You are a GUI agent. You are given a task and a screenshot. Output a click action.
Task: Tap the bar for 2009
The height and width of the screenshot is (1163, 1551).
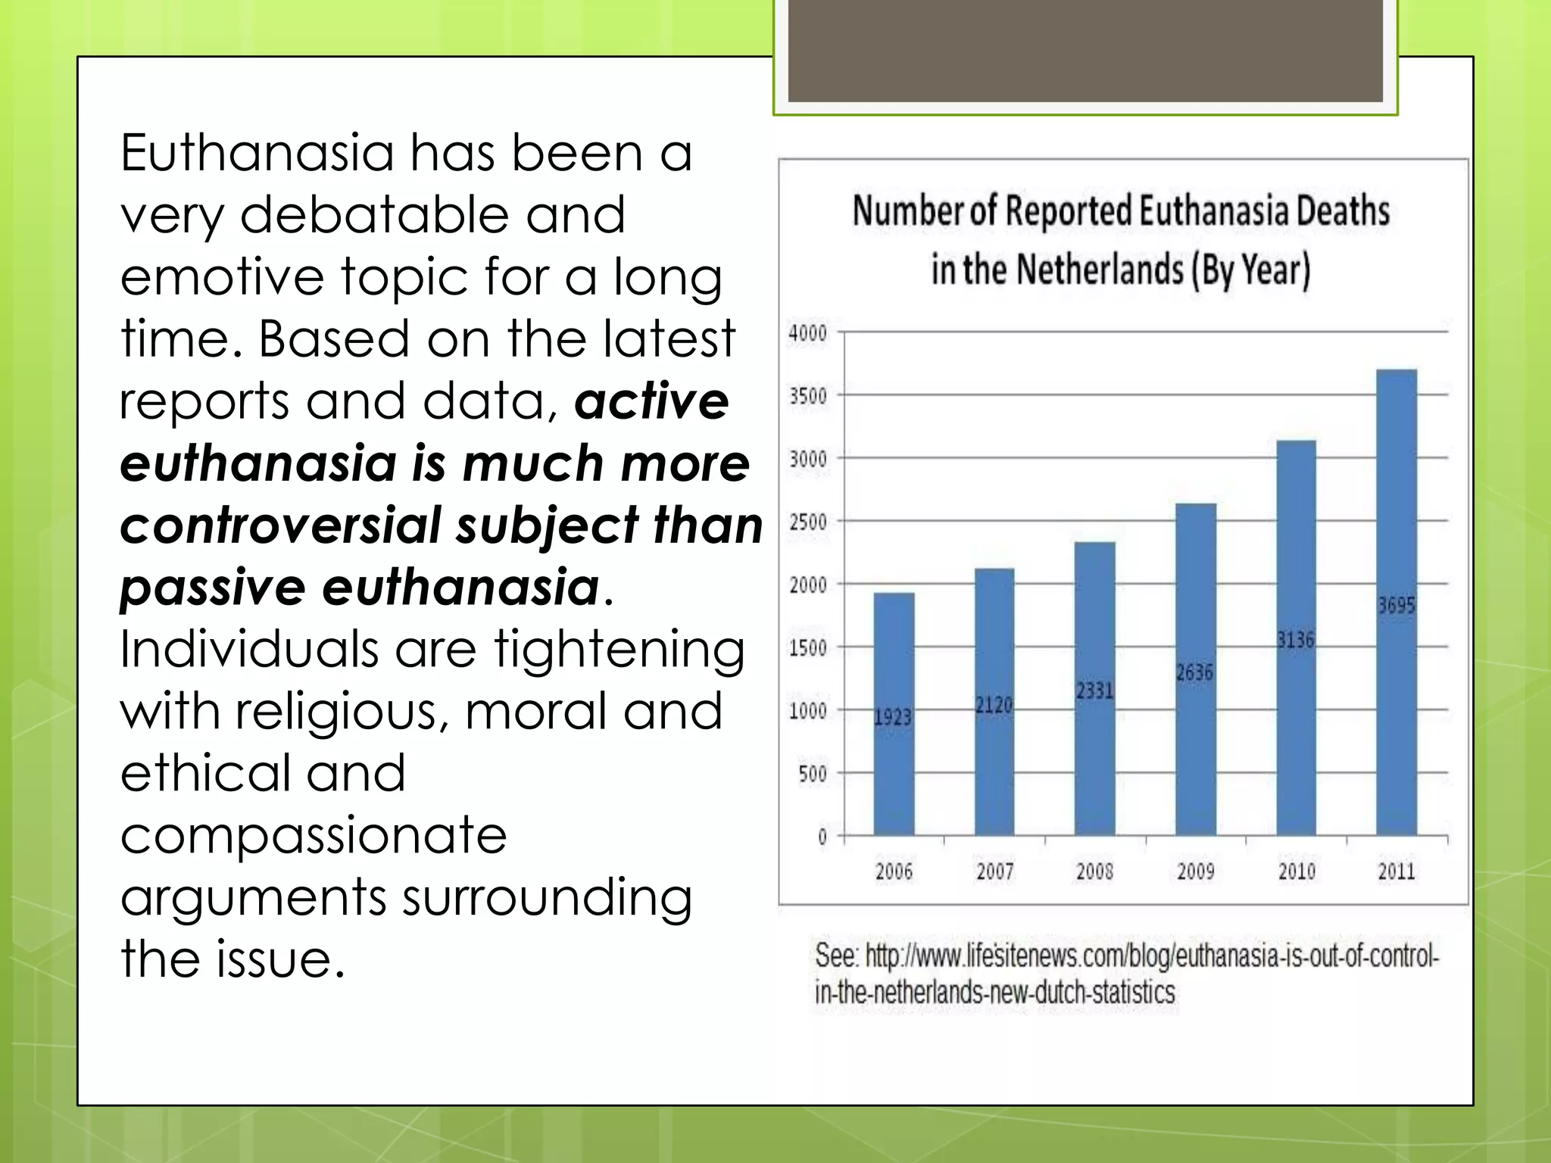1195,669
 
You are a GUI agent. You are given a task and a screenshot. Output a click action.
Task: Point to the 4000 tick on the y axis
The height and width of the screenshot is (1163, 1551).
808,333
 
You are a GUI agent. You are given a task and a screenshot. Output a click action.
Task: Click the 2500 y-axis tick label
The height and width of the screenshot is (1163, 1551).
808,522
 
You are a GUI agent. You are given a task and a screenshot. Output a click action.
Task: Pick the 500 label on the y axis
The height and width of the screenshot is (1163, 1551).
812,774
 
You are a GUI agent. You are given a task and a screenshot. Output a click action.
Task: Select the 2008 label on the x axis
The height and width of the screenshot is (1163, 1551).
1094,871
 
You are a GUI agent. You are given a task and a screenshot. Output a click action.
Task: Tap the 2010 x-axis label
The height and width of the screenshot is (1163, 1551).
1297,871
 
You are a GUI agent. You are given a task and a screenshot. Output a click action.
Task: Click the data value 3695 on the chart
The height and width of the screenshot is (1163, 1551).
1396,605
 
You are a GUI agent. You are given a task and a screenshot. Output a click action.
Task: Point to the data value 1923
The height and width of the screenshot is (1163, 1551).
893,716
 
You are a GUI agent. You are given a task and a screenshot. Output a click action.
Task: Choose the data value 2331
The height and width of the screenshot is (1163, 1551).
1094,690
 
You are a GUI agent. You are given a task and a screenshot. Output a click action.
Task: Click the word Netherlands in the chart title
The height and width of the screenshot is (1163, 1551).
1099,270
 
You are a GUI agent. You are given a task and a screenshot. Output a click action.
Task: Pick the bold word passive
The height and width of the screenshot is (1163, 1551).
213,588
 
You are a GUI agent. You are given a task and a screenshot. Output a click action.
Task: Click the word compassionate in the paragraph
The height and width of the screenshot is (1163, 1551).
314,835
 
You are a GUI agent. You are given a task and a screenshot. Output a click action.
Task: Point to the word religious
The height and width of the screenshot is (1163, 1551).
342,712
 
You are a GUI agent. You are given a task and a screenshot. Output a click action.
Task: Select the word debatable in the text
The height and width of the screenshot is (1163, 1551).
374,215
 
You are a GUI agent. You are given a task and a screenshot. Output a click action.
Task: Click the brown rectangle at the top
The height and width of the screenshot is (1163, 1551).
1085,50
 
